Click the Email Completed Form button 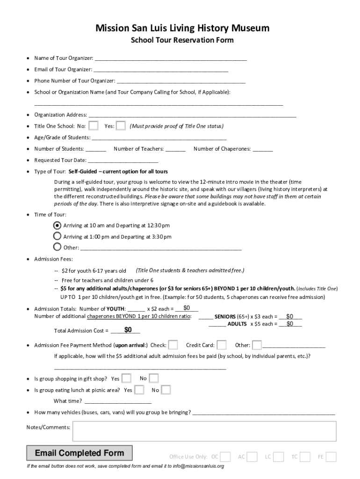[x=79, y=453]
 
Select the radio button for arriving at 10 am [x=57, y=225]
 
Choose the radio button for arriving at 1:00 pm [x=57, y=236]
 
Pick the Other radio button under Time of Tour [x=57, y=247]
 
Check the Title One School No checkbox [x=94, y=126]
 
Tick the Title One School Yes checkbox [x=121, y=126]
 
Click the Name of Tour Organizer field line [x=170, y=59]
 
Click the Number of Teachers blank [x=175, y=149]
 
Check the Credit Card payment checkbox [x=222, y=345]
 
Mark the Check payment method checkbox [x=173, y=345]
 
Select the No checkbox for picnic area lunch [x=166, y=390]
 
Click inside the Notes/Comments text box [x=204, y=431]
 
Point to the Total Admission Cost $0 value [x=128, y=330]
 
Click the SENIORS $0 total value [x=290, y=316]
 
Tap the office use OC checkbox [x=225, y=457]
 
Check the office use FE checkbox [x=331, y=457]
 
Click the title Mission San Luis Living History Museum [x=182, y=29]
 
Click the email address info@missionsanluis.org [x=198, y=466]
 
